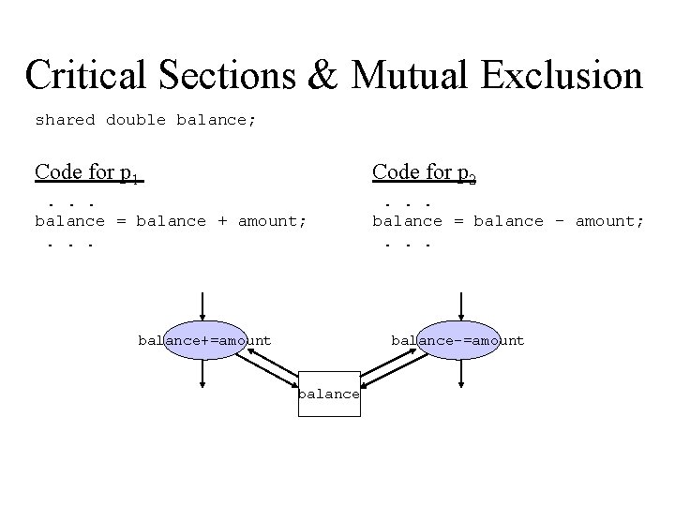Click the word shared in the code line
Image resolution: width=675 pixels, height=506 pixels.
pyautogui.click(x=65, y=120)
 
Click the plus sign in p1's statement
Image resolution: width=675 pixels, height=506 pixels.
pyautogui.click(x=222, y=221)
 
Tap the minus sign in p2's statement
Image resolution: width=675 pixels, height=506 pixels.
pyautogui.click(x=560, y=221)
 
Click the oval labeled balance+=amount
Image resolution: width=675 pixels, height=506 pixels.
pyautogui.click(x=204, y=341)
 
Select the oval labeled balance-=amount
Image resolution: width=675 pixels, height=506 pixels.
pyautogui.click(x=457, y=341)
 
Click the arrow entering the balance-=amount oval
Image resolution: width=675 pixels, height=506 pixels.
pyautogui.click(x=460, y=306)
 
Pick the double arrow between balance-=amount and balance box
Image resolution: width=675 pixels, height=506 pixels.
pyautogui.click(x=392, y=368)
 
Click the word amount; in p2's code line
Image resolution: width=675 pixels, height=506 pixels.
pyautogui.click(x=609, y=221)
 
